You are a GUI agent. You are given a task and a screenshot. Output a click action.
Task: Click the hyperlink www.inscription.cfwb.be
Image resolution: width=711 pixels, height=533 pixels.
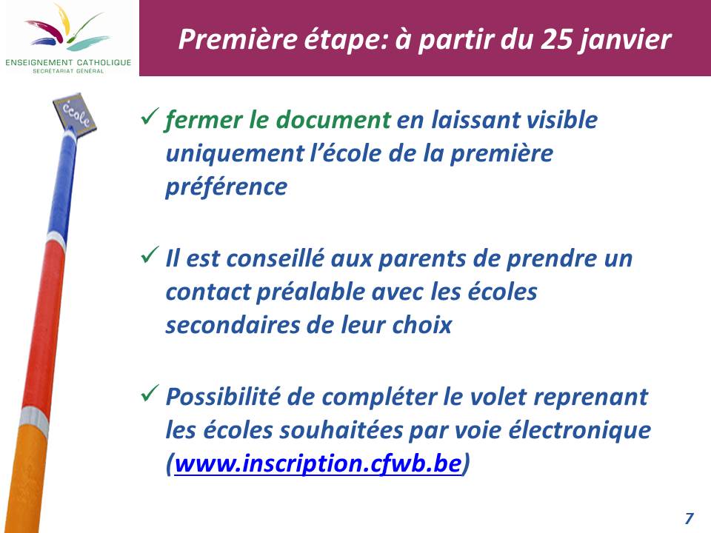point(318,464)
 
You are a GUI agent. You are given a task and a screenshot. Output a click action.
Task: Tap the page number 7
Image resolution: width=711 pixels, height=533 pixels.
point(690,517)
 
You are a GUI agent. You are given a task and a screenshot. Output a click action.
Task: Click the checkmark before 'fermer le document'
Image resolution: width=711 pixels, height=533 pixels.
point(150,116)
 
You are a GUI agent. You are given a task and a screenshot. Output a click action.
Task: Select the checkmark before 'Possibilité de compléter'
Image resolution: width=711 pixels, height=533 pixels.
point(150,393)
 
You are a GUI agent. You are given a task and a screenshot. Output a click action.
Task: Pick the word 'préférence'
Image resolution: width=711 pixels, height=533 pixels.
point(227,187)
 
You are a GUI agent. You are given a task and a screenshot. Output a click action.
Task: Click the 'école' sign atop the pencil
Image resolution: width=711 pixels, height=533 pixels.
point(75,113)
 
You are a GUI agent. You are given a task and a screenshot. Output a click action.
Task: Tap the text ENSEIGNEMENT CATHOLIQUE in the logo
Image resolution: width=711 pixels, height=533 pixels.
point(68,62)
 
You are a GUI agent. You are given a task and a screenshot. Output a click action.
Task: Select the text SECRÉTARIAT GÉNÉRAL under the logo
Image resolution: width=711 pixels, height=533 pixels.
point(68,71)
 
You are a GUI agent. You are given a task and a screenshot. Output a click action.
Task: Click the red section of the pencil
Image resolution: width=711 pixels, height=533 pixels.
point(44,326)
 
